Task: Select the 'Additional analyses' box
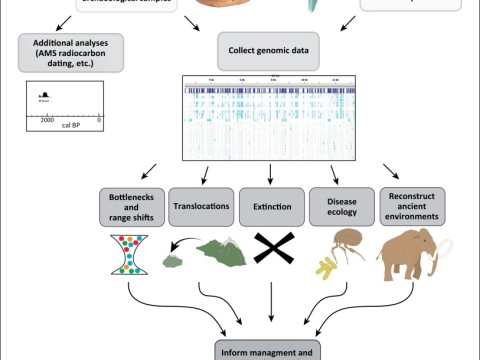point(69,51)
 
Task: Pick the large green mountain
point(223,257)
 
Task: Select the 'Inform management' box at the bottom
point(270,350)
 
